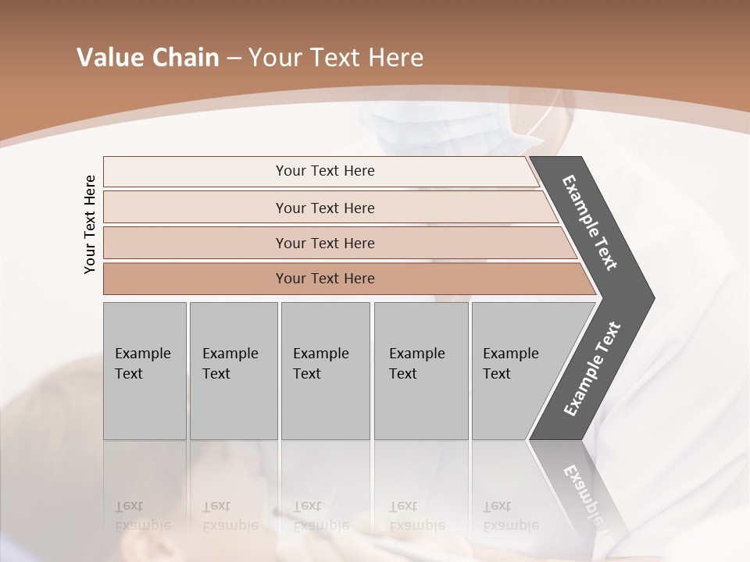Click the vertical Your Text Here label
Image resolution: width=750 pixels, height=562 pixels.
(90, 224)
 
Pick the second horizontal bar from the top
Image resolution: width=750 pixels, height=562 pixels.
(324, 208)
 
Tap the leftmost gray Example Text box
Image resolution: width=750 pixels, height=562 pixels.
(145, 370)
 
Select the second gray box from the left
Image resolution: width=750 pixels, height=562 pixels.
(233, 370)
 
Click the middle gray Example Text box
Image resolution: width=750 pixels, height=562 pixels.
(325, 370)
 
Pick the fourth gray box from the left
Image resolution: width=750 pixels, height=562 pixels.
(420, 370)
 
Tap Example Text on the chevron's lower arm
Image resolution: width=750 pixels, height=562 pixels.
(592, 368)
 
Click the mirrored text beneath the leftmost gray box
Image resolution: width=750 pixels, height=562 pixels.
(141, 516)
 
